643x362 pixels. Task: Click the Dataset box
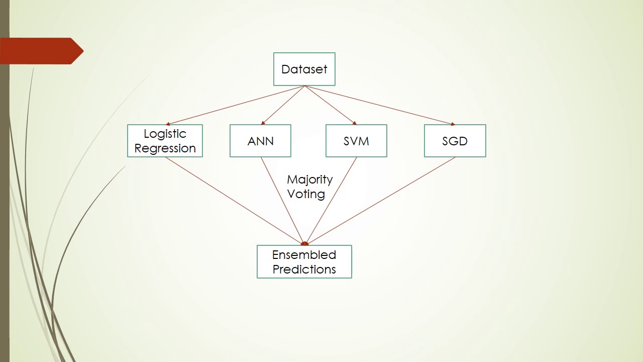tap(304, 69)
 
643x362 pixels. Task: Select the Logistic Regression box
tap(165, 141)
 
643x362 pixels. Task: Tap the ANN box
tap(260, 141)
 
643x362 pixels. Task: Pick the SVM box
tap(356, 141)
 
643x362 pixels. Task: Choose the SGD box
tap(455, 141)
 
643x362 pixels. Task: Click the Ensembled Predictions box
tap(304, 261)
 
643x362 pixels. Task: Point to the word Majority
tap(309, 179)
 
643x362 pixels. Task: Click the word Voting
tap(306, 194)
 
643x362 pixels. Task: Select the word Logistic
tap(165, 134)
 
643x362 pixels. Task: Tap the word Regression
tap(165, 148)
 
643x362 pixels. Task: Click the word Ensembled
tap(304, 254)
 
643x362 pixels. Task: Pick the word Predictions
tap(304, 269)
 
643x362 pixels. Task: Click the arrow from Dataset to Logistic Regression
tap(235, 105)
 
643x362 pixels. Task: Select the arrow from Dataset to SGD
tap(379, 105)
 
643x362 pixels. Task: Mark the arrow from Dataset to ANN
tap(283, 105)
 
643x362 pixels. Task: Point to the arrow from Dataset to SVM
tap(330, 105)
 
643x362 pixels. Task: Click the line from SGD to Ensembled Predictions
tap(380, 201)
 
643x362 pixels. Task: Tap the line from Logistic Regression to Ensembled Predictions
tap(234, 201)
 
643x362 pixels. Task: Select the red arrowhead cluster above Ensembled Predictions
tap(304, 243)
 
